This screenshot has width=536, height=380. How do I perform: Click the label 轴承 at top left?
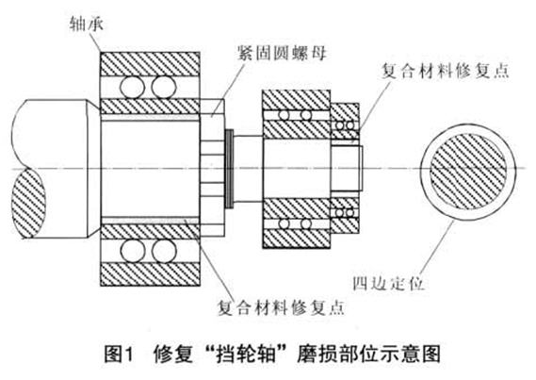86,25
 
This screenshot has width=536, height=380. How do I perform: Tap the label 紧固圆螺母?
283,54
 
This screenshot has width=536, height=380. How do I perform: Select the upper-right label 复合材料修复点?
445,71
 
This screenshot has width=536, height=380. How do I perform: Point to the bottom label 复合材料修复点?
281,307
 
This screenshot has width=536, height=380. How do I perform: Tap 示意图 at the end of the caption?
414,354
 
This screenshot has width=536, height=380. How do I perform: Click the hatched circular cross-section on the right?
467,171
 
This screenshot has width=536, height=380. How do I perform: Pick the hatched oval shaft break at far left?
28,205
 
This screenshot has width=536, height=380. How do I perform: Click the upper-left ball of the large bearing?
132,87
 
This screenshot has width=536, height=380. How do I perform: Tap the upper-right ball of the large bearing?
164,87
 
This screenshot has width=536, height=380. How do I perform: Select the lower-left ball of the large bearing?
132,251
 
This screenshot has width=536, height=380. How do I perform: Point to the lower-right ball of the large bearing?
164,251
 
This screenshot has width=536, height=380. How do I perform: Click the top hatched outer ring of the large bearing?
150,64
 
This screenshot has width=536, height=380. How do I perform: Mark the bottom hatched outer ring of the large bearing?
150,274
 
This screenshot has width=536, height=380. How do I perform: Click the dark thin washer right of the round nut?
230,169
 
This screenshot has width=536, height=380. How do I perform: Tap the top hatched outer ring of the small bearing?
297,100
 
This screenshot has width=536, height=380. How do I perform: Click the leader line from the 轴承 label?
96,42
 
